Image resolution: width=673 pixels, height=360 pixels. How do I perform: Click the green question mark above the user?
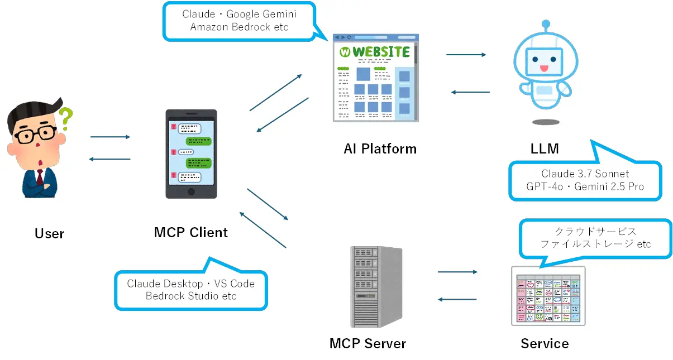pyautogui.click(x=66, y=118)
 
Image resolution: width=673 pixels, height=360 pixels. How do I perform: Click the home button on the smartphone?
pyautogui.click(x=191, y=191)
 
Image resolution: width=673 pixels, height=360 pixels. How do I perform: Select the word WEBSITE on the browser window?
pyautogui.click(x=381, y=52)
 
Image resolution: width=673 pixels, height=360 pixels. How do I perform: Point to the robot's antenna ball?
pyautogui.click(x=546, y=23)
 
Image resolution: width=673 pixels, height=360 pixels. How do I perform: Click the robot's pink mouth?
pyautogui.click(x=544, y=68)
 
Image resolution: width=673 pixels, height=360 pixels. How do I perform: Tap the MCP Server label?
pyautogui.click(x=367, y=343)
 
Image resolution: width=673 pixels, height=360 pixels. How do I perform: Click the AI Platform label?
pyautogui.click(x=380, y=148)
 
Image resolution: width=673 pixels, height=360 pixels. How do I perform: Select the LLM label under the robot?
pyautogui.click(x=545, y=148)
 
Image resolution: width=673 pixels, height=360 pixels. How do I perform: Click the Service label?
pyautogui.click(x=545, y=343)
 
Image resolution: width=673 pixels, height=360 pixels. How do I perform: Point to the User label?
pyautogui.click(x=49, y=234)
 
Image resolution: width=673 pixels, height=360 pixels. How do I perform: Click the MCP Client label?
pyautogui.click(x=191, y=232)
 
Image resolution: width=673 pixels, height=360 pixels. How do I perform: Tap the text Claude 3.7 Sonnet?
pyautogui.click(x=585, y=174)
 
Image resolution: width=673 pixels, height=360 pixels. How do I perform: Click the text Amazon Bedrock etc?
pyautogui.click(x=239, y=27)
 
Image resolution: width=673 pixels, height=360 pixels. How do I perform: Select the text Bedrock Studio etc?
pyautogui.click(x=191, y=296)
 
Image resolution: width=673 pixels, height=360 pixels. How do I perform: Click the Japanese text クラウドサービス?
pyautogui.click(x=595, y=231)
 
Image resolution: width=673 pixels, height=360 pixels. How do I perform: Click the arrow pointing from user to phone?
pyautogui.click(x=110, y=137)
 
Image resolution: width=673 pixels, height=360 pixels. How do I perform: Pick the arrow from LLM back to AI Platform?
pyautogui.click(x=470, y=92)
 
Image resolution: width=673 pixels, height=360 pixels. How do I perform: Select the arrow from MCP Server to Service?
pyautogui.click(x=457, y=272)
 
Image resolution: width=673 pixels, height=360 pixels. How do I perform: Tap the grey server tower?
pyautogui.click(x=376, y=287)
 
